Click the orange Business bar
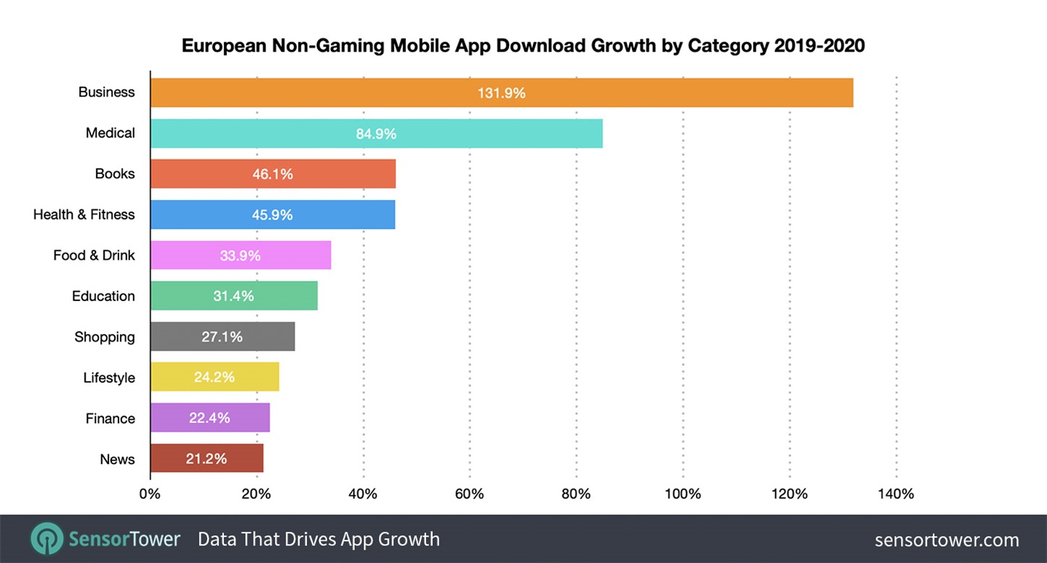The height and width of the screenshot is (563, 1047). (x=502, y=92)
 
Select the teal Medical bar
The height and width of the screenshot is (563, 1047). (x=376, y=133)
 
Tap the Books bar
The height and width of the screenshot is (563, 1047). (x=273, y=174)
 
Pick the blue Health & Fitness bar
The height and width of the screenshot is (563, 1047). (x=273, y=215)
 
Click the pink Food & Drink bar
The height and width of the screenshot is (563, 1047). (x=240, y=255)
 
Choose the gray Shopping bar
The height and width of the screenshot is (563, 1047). (x=222, y=337)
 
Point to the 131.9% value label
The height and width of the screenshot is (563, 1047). (x=502, y=93)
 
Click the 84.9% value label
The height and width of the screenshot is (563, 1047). (x=376, y=134)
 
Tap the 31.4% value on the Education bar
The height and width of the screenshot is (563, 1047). (x=233, y=296)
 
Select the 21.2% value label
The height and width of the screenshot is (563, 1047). (x=206, y=459)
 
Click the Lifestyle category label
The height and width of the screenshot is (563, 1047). (x=109, y=378)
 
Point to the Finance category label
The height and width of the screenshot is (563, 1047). (x=111, y=418)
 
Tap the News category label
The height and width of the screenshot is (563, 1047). (x=118, y=459)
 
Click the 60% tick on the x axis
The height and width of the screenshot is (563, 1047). (x=469, y=495)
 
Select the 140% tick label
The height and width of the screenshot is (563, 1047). (x=896, y=495)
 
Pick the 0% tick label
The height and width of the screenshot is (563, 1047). (x=150, y=495)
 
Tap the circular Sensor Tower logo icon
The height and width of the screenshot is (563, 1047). (x=47, y=539)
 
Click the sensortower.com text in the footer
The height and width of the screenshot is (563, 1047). (x=947, y=540)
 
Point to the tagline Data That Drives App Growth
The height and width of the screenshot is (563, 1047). (x=318, y=539)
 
